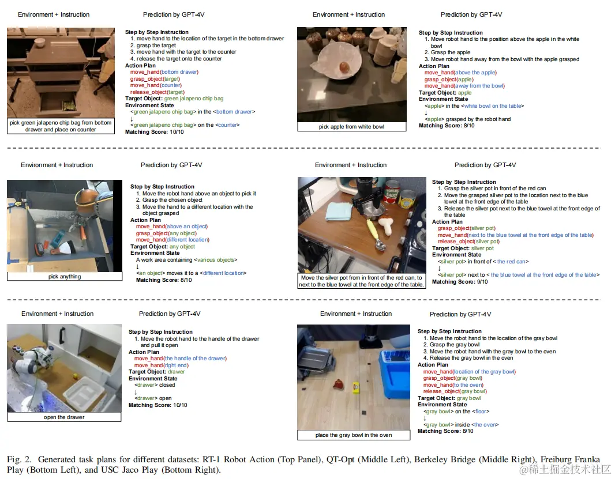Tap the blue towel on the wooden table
click(339, 212)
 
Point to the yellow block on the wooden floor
click(356, 388)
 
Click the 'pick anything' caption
click(65, 276)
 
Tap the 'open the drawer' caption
click(64, 417)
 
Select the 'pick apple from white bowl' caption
click(351, 127)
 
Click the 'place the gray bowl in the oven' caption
click(354, 435)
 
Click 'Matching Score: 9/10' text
click(460, 282)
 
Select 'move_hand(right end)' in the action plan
click(161, 365)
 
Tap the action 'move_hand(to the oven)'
click(453, 385)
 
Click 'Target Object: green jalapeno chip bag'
click(174, 99)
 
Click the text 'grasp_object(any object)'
click(166, 233)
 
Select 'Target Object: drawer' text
click(156, 372)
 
